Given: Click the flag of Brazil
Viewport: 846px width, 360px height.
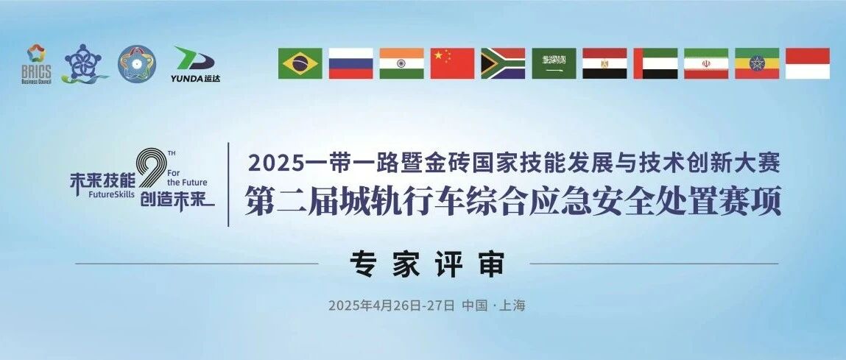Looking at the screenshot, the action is coord(300,64).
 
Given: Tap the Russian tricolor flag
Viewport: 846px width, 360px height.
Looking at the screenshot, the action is coord(350,64).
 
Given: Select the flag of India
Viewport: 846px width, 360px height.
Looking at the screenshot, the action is coord(401,64).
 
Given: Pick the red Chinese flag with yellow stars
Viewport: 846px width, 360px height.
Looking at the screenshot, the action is coord(452,64).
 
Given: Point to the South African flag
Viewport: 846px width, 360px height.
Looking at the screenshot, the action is coord(503,64).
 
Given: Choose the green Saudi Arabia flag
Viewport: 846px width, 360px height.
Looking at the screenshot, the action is coord(554,64).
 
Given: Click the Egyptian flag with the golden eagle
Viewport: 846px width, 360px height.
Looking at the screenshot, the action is coord(604,64).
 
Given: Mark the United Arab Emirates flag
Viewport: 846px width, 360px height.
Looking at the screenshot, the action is coord(655,64).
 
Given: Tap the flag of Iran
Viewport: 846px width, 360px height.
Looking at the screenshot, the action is coord(705,64).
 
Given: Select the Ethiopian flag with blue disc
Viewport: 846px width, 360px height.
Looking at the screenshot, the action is coord(757,64).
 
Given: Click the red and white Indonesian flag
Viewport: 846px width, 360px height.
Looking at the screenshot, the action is coord(808,64).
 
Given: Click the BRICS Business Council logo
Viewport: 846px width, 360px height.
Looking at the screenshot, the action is coord(36,64).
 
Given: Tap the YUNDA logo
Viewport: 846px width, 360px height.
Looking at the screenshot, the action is coord(195,64).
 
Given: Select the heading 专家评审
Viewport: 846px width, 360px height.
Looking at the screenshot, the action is coord(427,264).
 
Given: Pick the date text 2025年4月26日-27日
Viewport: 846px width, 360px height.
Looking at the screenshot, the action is coord(392,306).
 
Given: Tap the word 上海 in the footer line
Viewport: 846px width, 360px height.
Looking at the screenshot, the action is coord(512,306).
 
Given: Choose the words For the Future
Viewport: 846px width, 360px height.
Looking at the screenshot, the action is coord(187,178).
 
